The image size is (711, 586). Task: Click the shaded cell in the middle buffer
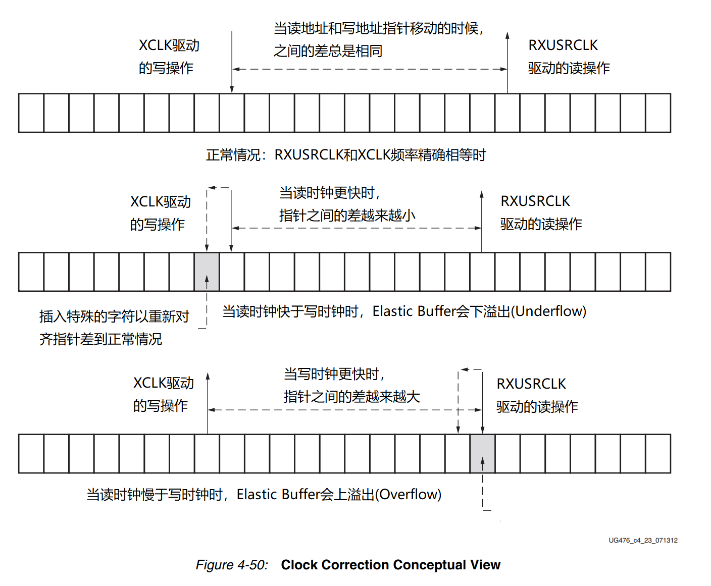(x=207, y=272)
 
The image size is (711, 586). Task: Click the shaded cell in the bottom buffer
(x=482, y=453)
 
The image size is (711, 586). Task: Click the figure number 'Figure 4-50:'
(x=232, y=565)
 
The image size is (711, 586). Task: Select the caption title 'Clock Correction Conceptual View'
(x=390, y=565)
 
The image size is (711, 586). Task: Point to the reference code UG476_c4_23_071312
(x=643, y=540)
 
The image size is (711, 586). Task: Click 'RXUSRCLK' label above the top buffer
(x=563, y=45)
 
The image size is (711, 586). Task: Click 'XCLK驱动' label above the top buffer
(x=169, y=45)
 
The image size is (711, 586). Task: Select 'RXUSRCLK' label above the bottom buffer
(x=531, y=384)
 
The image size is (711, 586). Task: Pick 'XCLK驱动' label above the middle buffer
(x=161, y=202)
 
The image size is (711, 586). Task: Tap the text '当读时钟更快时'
(x=327, y=193)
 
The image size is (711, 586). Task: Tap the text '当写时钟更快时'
(x=332, y=374)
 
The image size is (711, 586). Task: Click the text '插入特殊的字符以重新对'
(x=114, y=316)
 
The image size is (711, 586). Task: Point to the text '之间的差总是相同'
(x=328, y=51)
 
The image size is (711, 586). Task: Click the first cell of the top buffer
(x=31, y=113)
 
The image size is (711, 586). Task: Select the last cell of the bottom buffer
(x=658, y=453)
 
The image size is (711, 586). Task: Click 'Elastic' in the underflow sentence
(x=393, y=311)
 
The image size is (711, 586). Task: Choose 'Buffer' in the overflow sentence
(x=300, y=495)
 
